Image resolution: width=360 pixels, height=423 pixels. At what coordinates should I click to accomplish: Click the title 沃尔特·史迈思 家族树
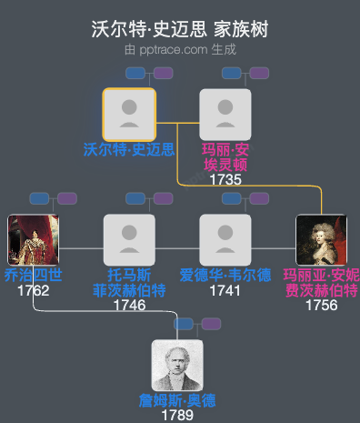pyautogui.click(x=180, y=29)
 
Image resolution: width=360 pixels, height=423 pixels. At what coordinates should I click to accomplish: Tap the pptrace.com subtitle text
pyautogui.click(x=180, y=49)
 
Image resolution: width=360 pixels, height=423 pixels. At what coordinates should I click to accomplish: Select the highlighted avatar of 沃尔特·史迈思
pyautogui.click(x=129, y=115)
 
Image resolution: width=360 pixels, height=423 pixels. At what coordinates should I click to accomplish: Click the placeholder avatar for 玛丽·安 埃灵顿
pyautogui.click(x=225, y=115)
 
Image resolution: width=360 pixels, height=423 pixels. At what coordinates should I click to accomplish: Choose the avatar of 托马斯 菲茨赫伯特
pyautogui.click(x=129, y=240)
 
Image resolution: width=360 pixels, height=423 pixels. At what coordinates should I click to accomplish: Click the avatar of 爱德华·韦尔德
pyautogui.click(x=225, y=240)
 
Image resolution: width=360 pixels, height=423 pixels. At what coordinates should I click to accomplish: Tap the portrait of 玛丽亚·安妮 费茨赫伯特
pyautogui.click(x=321, y=240)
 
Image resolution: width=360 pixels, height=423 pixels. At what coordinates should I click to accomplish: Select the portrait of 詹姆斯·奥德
pyautogui.click(x=177, y=366)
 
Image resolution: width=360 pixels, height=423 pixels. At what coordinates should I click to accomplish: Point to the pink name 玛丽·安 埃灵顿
pyautogui.click(x=225, y=157)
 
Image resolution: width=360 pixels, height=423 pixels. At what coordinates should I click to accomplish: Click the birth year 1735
pyautogui.click(x=225, y=179)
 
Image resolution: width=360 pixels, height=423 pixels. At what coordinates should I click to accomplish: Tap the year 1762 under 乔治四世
pyautogui.click(x=34, y=291)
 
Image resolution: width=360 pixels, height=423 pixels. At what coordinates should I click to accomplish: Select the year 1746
pyautogui.click(x=129, y=305)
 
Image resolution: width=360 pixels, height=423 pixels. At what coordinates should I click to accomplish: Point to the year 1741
pyautogui.click(x=225, y=291)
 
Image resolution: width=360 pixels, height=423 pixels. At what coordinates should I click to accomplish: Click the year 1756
pyautogui.click(x=321, y=305)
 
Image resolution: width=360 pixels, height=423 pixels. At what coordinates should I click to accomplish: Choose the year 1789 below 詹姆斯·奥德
pyautogui.click(x=177, y=415)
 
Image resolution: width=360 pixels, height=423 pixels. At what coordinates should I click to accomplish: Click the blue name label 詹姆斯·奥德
pyautogui.click(x=177, y=401)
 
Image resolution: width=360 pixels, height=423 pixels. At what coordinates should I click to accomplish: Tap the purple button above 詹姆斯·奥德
pyautogui.click(x=210, y=324)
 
